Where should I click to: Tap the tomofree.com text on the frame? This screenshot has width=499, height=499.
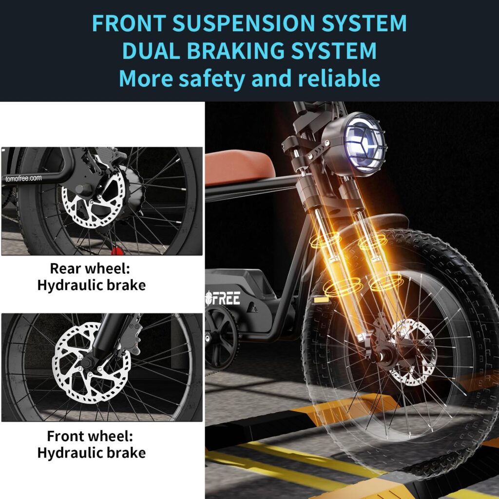23,178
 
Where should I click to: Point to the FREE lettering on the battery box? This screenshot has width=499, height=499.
226,298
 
